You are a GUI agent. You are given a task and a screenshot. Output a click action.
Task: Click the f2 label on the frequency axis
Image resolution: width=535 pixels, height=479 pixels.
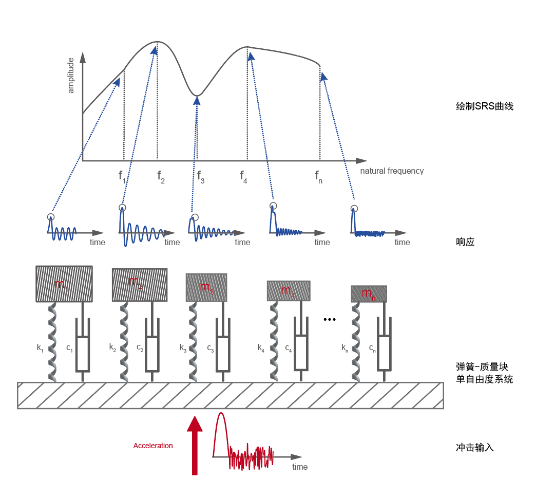point(161,177)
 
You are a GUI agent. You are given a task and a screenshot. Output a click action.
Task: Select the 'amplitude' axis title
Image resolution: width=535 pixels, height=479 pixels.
point(71,76)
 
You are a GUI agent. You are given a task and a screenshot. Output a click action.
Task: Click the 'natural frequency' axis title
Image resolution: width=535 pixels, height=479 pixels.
point(392,171)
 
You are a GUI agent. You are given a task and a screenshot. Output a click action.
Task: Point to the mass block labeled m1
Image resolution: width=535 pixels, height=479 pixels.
point(64,284)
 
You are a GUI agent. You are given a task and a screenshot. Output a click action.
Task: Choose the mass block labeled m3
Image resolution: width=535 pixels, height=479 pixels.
point(206,288)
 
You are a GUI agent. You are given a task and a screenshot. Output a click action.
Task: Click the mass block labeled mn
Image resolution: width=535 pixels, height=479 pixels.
point(369,294)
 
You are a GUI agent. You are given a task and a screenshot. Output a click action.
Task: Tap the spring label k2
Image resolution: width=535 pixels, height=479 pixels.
point(112,347)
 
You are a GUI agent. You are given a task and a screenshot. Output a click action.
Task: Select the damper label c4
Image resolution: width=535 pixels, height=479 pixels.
point(289,348)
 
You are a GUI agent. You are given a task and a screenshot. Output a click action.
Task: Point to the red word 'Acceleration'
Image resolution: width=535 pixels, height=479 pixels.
point(153,446)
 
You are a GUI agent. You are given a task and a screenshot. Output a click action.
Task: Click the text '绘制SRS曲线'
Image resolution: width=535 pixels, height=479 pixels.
point(485,106)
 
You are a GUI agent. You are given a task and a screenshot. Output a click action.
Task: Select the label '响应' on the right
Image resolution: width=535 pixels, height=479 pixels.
point(465,242)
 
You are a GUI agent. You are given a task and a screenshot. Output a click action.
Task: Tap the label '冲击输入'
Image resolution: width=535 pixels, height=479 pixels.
point(475,447)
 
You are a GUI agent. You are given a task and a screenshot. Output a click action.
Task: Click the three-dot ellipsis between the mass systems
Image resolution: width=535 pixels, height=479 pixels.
point(330,320)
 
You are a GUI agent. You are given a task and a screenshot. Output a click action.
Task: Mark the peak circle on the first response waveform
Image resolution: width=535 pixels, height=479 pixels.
point(50,217)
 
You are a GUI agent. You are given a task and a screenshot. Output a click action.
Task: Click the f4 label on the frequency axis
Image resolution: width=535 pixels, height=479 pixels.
point(243,177)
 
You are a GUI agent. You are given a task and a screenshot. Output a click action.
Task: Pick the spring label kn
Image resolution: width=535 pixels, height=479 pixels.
point(345,348)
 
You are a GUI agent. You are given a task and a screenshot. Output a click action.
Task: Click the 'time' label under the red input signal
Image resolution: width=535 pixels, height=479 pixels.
point(300,467)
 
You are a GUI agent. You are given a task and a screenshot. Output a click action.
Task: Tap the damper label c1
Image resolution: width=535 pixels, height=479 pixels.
point(69,348)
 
